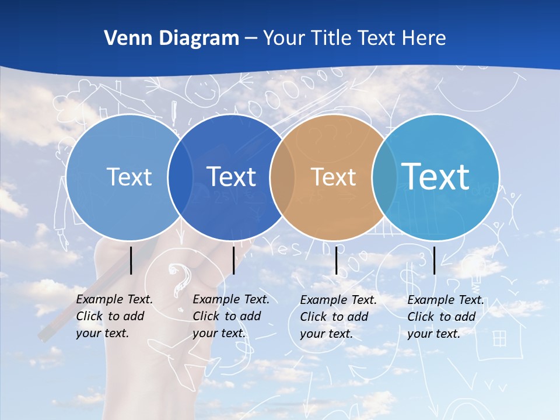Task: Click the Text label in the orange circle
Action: coord(333,177)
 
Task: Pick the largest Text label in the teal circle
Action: coord(436,176)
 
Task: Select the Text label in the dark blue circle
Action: coord(232,177)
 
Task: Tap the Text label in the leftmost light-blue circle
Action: coord(129,177)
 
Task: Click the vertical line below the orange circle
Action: coord(337,260)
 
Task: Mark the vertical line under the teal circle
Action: coord(435,260)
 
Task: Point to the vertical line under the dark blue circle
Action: coord(234,260)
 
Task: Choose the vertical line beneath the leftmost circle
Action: coord(131,260)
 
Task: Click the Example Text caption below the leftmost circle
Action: coord(114,316)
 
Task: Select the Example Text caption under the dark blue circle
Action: coord(231,316)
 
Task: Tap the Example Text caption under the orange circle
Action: coord(338,317)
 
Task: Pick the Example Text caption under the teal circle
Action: coord(446,317)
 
